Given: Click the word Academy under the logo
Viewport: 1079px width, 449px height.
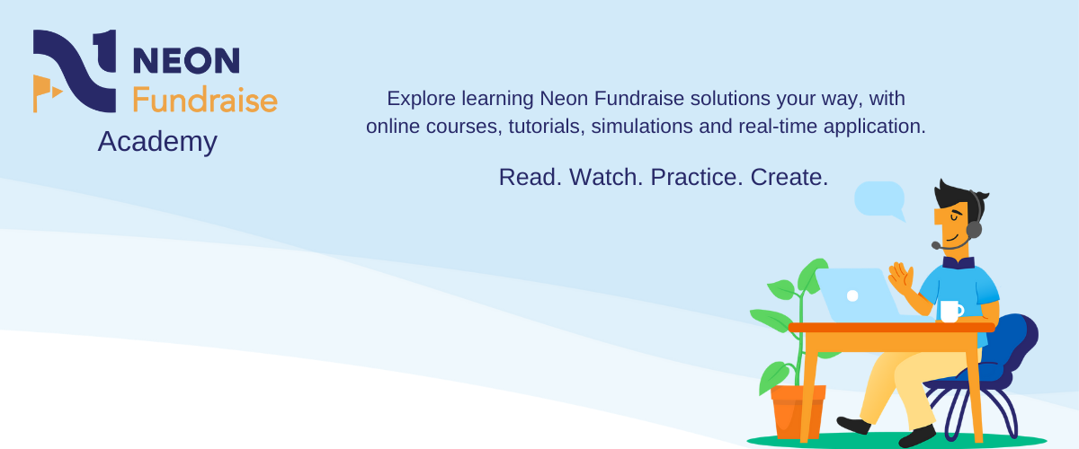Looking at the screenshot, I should (x=157, y=142).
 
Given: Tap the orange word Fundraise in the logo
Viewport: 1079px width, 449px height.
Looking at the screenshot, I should (x=204, y=99).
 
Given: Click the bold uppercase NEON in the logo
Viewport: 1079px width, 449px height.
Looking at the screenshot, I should (x=186, y=60).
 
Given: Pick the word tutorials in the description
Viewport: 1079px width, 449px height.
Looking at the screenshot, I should (x=544, y=127).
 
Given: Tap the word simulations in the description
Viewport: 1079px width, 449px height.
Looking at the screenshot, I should (x=640, y=127).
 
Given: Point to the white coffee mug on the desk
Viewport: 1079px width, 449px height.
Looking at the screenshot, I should (x=950, y=311).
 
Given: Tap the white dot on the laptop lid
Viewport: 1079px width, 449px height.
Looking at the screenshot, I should (x=852, y=295).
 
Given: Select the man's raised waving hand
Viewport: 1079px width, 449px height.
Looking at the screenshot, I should (x=900, y=277).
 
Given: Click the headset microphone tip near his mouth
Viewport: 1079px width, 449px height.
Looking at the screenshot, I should (x=936, y=245).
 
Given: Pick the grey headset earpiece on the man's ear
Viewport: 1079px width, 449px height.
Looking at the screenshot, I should (x=974, y=229).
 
